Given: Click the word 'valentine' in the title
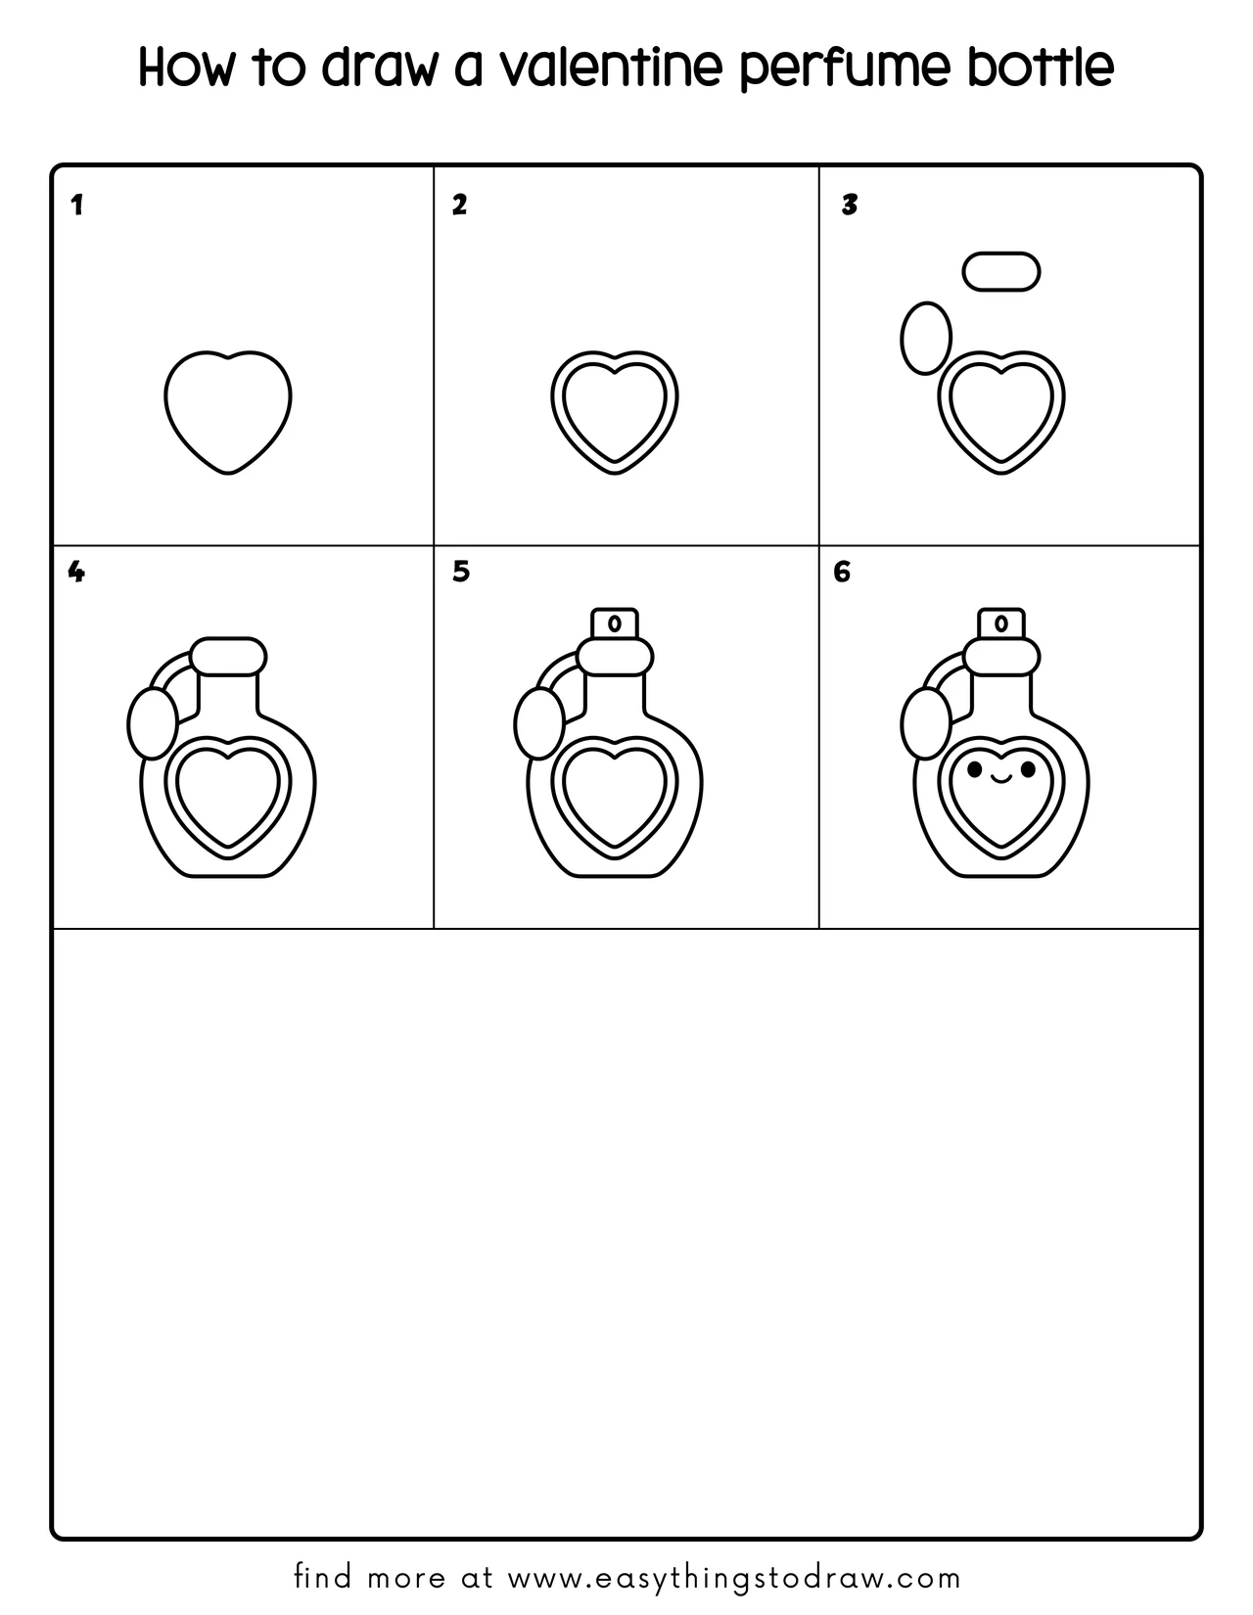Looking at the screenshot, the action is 610,67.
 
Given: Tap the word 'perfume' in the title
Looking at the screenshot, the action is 845,69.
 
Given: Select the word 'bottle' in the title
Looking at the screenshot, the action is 1042,67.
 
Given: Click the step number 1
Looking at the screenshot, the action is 76,206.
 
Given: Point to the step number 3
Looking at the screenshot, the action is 850,206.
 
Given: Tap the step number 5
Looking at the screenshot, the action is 461,572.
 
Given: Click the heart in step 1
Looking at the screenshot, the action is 228,412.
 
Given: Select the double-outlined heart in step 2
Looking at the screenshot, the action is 615,412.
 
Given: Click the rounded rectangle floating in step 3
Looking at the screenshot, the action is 1001,271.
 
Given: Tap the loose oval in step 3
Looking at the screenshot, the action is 926,338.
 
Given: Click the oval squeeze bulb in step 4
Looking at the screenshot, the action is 153,723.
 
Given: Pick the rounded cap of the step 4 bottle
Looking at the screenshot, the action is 228,656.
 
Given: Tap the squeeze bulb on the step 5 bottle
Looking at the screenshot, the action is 538,723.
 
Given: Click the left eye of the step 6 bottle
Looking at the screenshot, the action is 974,769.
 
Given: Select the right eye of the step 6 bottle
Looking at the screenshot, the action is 1028,769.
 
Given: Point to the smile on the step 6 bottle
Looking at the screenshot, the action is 1001,779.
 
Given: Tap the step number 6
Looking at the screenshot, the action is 841,572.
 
